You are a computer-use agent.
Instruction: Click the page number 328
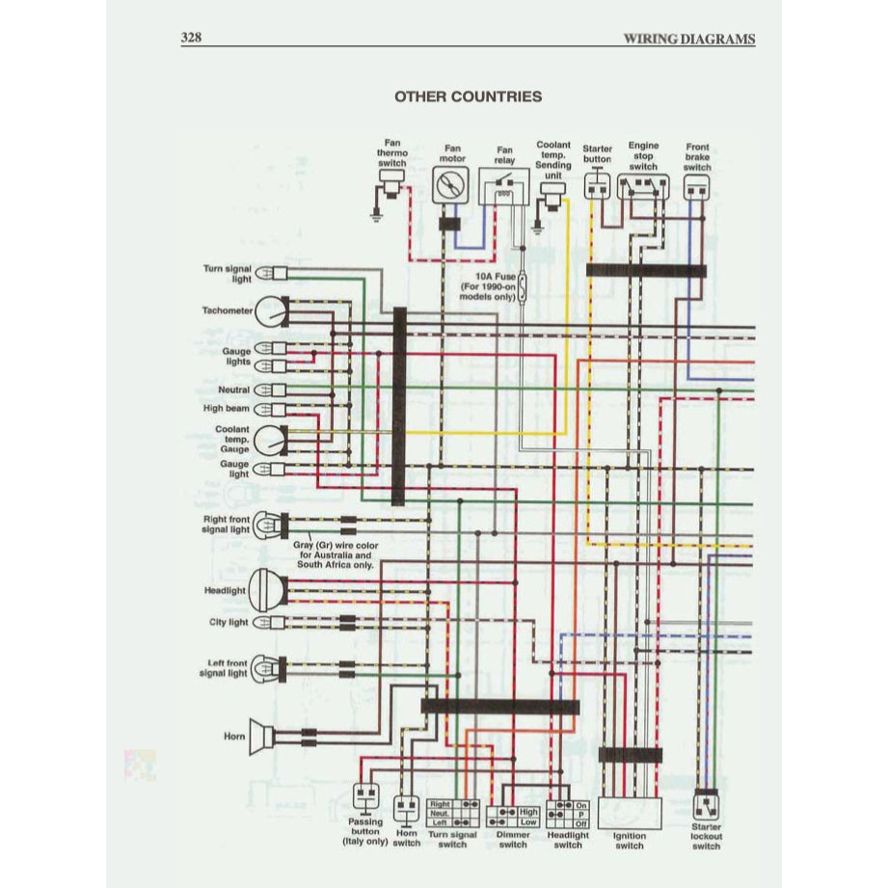tap(192, 39)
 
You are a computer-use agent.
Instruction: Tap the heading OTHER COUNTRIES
tap(468, 96)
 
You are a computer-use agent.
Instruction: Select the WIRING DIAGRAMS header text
tap(688, 40)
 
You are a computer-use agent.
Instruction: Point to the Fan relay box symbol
tap(504, 185)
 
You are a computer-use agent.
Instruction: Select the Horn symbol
tap(260, 736)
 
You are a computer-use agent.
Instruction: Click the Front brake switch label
tap(697, 157)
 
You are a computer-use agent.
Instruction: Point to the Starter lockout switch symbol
tap(707, 803)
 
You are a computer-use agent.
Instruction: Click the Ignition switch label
tap(630, 841)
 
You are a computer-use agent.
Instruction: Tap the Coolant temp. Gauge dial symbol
tap(273, 441)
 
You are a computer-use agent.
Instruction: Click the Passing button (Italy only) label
tap(364, 831)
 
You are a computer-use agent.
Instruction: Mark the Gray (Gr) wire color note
tap(332, 556)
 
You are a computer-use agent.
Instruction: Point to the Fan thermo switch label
tap(392, 152)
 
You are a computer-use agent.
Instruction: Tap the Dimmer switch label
tap(513, 839)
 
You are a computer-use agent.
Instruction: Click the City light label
tap(229, 623)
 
